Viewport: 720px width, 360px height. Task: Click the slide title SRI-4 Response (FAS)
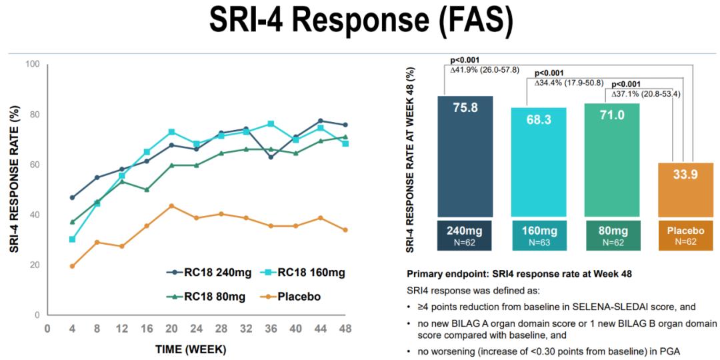coord(361,21)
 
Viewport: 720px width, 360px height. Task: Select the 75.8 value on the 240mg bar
coord(465,107)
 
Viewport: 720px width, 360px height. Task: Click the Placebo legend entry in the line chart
coord(299,295)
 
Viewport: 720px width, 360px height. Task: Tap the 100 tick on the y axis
coord(33,64)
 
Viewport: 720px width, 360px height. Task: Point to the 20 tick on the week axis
coord(171,328)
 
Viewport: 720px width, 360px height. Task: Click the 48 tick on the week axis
coord(345,328)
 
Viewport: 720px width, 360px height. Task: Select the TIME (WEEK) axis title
coord(191,349)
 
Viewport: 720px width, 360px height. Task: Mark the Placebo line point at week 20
coord(171,206)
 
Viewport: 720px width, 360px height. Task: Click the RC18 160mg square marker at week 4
coord(72,239)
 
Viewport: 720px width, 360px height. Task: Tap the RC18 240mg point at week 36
coord(271,157)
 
